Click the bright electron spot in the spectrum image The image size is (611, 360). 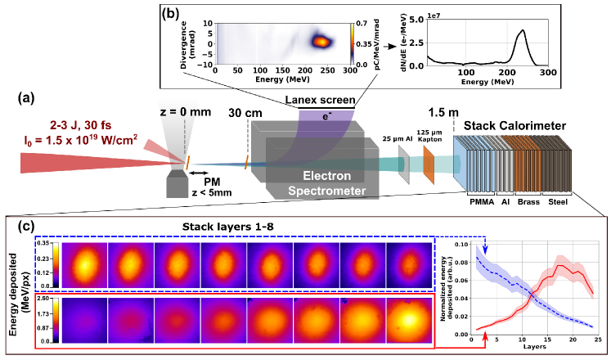(319, 40)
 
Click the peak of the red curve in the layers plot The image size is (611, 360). (561, 265)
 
